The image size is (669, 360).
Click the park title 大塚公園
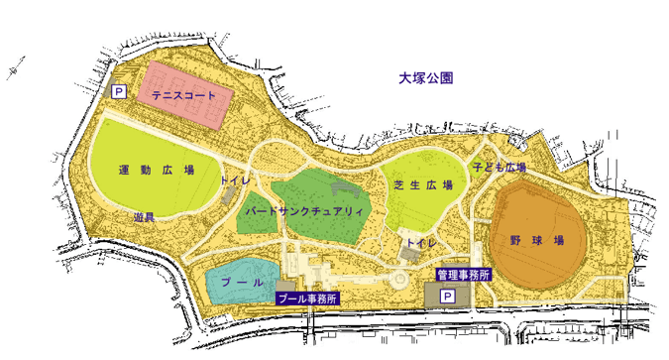425,77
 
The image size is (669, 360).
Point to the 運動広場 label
156,170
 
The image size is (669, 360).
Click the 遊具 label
144,216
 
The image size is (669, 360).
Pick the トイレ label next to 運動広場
235,182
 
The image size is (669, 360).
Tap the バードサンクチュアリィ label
305,212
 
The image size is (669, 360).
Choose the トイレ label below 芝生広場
422,242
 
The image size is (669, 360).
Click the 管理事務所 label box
463,275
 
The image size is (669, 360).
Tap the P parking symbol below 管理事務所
447,297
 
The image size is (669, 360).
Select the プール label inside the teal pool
241,283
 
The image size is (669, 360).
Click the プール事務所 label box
306,299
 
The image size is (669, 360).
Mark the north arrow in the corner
14,69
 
